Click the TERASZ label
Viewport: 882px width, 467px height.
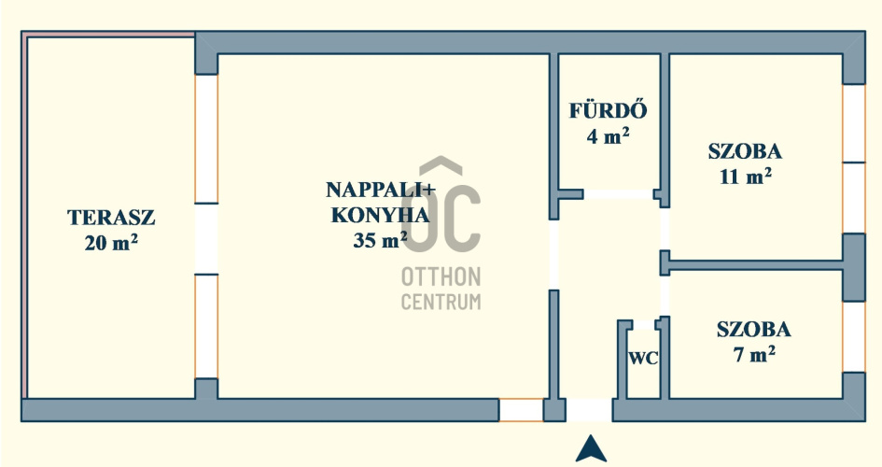pyautogui.click(x=111, y=218)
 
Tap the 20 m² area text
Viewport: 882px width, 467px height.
pyautogui.click(x=111, y=243)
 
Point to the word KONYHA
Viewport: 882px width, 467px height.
pyautogui.click(x=380, y=215)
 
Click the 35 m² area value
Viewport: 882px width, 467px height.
pyautogui.click(x=380, y=240)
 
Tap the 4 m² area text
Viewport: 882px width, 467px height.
pyautogui.click(x=608, y=135)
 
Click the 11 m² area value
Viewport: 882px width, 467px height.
pyautogui.click(x=746, y=177)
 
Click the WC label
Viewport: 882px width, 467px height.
pyautogui.click(x=643, y=359)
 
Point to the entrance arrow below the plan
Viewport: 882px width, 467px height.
pyautogui.click(x=591, y=448)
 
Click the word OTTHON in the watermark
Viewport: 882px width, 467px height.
pyautogui.click(x=441, y=276)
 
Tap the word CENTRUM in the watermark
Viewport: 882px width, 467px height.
pyautogui.click(x=441, y=302)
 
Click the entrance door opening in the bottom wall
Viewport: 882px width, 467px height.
pyautogui.click(x=589, y=410)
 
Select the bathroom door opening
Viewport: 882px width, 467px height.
pyautogui.click(x=618, y=194)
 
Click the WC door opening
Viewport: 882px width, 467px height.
pyautogui.click(x=643, y=325)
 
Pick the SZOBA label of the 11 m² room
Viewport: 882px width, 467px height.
pyautogui.click(x=746, y=151)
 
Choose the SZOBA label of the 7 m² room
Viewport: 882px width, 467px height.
pyautogui.click(x=754, y=329)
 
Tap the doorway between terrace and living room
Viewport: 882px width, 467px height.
pyautogui.click(x=206, y=239)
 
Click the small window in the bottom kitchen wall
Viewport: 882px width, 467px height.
pyautogui.click(x=521, y=410)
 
